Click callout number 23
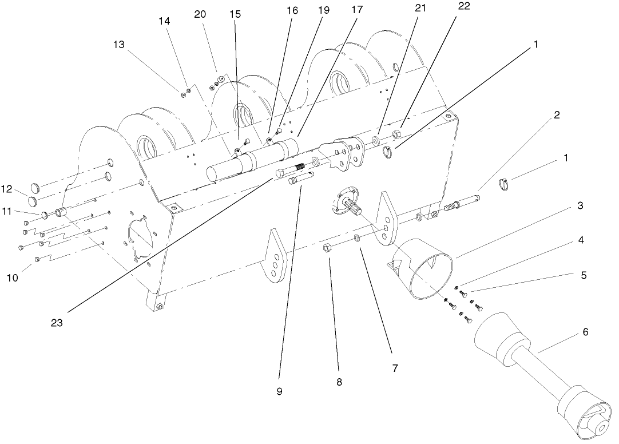pos(56,322)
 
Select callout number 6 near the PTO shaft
pos(585,331)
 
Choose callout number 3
pos(580,205)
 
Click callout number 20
pos(200,14)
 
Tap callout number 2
pos(556,114)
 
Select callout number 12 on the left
pos(6,189)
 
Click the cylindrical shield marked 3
pos(423,269)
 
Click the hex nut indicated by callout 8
pos(328,247)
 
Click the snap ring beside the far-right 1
pos(505,184)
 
